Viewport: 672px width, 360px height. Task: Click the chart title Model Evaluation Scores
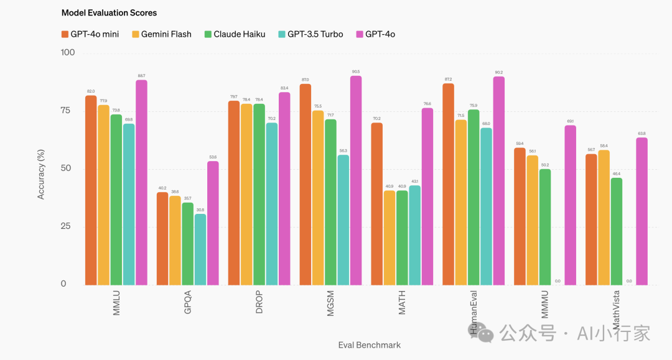point(109,12)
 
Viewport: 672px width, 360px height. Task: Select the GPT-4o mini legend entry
point(90,34)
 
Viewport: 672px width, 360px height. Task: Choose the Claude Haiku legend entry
point(235,34)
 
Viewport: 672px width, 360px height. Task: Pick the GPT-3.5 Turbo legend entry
point(310,34)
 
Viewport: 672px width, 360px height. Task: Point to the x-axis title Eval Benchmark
point(370,345)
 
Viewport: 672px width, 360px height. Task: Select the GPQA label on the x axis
point(188,302)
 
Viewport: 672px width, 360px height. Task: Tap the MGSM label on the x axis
point(331,302)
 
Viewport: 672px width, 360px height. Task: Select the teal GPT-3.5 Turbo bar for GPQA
point(200,249)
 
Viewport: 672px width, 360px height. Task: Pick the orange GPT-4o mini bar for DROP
point(234,193)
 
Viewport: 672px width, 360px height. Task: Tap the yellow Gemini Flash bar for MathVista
point(604,218)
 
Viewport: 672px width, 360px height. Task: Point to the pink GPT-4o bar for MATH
point(427,196)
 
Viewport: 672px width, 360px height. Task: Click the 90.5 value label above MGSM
point(356,72)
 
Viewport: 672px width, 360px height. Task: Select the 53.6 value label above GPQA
point(213,157)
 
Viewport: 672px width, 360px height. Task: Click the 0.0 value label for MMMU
point(558,281)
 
